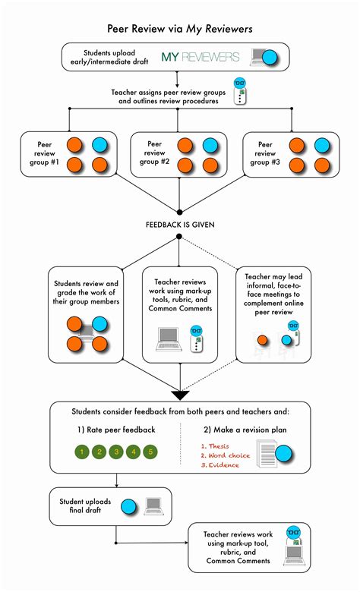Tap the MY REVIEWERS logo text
201,57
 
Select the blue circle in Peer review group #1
99,146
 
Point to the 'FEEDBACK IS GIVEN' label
179,225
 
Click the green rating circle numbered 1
81,452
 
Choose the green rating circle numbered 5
151,452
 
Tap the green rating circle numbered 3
116,452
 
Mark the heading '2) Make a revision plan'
245,430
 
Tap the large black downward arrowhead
180,394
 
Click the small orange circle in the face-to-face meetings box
262,339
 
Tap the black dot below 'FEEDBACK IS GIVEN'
179,237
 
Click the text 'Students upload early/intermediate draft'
110,57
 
